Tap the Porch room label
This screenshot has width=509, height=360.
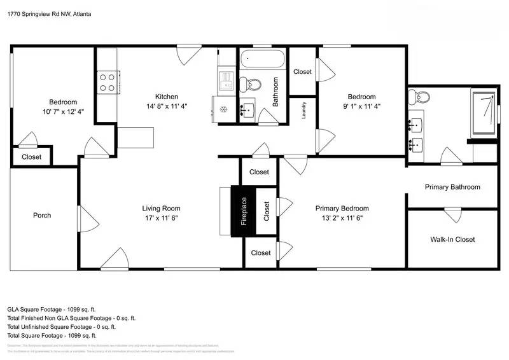coord(42,215)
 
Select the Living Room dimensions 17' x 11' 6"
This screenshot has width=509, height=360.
coord(161,218)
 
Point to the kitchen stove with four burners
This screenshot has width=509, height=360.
coord(107,81)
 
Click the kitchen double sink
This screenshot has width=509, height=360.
coord(226,81)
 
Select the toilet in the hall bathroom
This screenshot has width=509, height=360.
coord(249,84)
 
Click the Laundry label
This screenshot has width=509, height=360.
coord(304,109)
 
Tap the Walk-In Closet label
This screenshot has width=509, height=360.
coord(452,240)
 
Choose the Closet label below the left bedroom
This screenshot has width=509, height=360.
coord(31,157)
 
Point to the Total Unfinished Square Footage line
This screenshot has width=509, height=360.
coord(61,326)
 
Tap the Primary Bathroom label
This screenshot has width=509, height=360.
coord(452,187)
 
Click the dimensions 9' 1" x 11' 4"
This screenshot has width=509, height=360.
coord(361,107)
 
